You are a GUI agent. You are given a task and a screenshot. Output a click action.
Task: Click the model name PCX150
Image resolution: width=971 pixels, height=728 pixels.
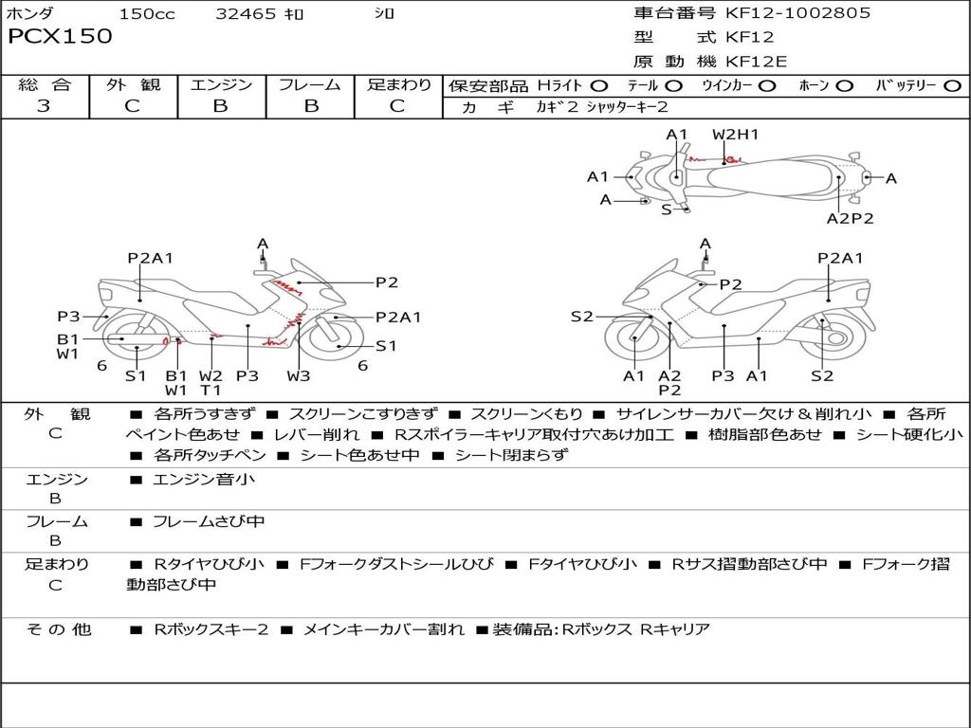point(60,36)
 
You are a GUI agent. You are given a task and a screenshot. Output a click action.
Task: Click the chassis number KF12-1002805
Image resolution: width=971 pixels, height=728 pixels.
point(797,12)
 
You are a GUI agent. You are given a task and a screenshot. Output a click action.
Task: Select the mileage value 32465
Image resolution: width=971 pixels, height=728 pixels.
point(246,13)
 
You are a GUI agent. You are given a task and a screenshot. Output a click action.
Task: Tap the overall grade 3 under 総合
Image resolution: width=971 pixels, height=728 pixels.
point(44,105)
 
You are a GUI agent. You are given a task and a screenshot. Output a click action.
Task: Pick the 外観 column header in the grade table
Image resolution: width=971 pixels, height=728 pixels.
point(133,84)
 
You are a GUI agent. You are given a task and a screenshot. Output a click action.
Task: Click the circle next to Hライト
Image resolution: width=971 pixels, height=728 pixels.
point(598,86)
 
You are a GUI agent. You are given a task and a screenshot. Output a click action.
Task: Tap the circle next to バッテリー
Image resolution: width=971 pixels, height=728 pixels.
point(952,86)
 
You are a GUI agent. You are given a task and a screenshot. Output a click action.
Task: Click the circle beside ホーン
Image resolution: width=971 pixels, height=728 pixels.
point(845,86)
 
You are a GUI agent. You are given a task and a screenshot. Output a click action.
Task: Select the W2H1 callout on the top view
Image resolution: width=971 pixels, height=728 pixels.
point(735,135)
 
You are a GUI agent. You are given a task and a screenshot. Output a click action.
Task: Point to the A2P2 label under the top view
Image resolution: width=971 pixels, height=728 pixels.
point(851,218)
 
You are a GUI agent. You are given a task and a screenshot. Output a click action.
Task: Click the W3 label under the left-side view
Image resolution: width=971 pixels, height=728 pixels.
point(298,375)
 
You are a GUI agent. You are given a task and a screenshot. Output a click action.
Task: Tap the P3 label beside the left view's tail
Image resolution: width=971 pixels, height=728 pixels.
point(68,317)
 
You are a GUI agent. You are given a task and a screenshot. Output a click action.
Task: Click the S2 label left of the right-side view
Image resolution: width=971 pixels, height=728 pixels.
point(582,317)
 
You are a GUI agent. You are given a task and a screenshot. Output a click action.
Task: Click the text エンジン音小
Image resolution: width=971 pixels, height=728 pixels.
point(203,479)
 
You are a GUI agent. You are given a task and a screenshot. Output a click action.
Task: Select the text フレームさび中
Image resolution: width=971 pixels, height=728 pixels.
point(209,521)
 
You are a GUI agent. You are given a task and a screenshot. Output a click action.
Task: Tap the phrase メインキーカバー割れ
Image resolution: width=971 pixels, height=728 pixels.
point(383,629)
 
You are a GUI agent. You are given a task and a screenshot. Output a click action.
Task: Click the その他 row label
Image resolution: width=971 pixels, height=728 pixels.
point(59,629)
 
